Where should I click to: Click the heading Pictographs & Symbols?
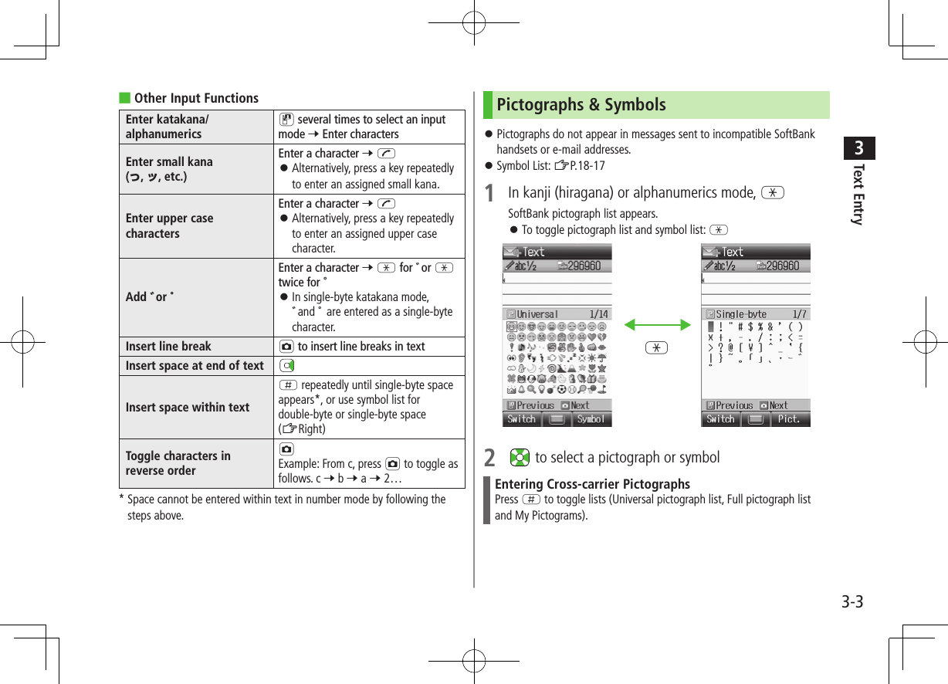point(581,105)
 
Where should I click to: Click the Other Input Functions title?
point(196,98)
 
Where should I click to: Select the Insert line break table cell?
point(168,346)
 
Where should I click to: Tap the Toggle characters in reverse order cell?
point(178,463)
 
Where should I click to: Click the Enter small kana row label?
point(169,168)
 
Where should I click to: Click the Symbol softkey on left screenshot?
point(591,419)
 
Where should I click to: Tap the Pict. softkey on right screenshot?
point(789,419)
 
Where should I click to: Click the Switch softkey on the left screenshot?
point(521,419)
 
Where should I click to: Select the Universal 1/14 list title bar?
point(557,314)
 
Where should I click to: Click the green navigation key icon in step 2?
point(520,457)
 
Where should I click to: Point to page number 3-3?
point(852,602)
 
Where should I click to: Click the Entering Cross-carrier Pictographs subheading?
point(592,484)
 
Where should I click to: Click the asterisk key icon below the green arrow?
point(657,347)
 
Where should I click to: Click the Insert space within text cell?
point(188,407)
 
